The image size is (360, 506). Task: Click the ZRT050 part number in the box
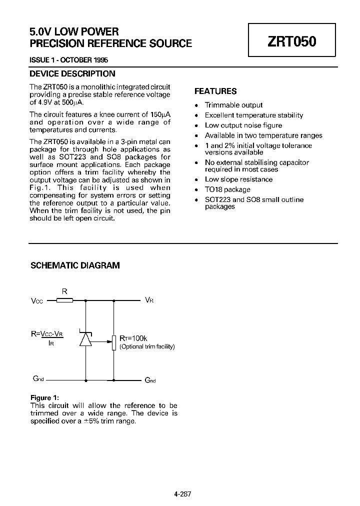tap(292, 41)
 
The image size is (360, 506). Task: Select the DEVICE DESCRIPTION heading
tap(72, 74)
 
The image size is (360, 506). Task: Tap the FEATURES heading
tap(215, 91)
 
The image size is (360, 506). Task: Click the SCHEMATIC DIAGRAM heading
tap(75, 265)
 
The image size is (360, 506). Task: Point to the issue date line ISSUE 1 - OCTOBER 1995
tap(69, 60)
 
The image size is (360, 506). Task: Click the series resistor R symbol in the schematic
tap(64, 300)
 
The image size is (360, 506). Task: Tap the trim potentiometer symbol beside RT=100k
tap(114, 342)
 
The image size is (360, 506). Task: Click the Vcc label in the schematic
tap(37, 301)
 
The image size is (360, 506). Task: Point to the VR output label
tap(149, 300)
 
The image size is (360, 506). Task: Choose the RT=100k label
tap(133, 338)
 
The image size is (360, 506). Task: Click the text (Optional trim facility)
tap(147, 346)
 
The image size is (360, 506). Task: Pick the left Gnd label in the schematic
tap(37, 379)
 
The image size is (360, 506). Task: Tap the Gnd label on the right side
tap(150, 380)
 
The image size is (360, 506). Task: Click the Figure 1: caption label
tap(44, 398)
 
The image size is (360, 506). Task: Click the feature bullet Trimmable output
tap(233, 105)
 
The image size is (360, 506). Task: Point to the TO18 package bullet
tap(227, 189)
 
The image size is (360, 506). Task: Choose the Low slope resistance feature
tap(238, 179)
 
